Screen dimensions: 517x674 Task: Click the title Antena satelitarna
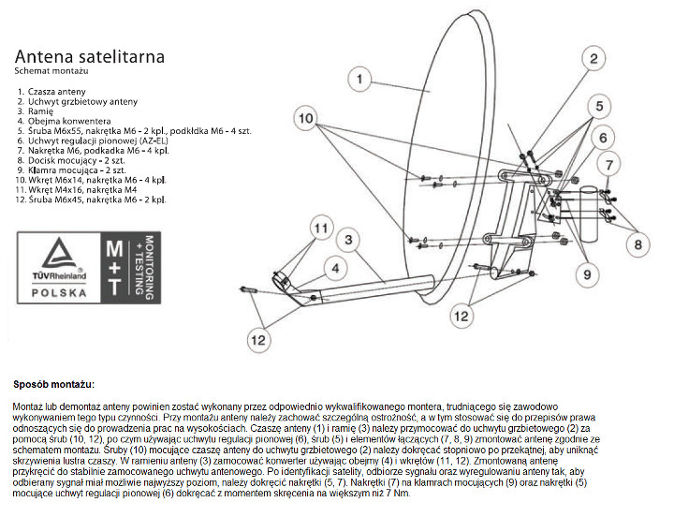89,56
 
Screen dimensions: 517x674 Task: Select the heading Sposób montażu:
54,384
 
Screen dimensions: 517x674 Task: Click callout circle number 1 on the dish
359,80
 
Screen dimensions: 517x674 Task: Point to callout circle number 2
592,58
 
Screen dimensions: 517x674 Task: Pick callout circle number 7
609,165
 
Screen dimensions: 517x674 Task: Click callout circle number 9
587,274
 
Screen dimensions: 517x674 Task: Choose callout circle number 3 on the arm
348,241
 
